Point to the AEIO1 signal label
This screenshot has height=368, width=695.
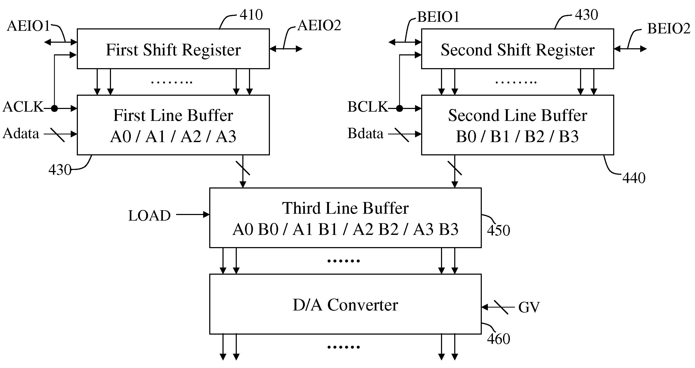[x=29, y=26]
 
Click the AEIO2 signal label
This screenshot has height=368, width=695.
[x=319, y=25]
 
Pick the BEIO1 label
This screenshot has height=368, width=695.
[x=438, y=17]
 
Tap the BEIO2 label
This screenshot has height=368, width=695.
[x=669, y=28]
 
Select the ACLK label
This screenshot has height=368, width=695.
[x=23, y=107]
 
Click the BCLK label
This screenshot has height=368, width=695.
[x=367, y=107]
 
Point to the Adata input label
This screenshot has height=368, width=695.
[x=21, y=133]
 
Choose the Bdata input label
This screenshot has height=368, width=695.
[x=365, y=133]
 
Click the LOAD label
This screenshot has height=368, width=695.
[x=149, y=216]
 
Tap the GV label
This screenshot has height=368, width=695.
[x=529, y=307]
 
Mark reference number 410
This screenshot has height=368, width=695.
[x=251, y=15]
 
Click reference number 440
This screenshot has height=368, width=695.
[x=634, y=178]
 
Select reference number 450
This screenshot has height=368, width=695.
[x=498, y=230]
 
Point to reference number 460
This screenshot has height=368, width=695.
[x=498, y=339]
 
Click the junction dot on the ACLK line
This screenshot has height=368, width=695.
[x=55, y=108]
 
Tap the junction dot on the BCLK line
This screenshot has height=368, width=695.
[x=400, y=108]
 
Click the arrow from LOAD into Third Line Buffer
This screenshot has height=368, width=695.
[x=193, y=215]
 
